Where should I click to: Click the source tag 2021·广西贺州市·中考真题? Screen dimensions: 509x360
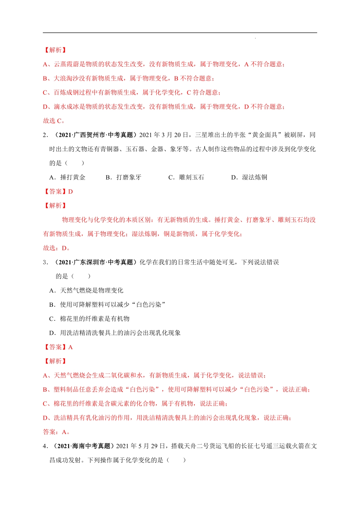coord(95,135)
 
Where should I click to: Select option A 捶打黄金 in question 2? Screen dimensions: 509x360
coord(67,177)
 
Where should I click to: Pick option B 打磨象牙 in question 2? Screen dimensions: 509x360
coord(124,177)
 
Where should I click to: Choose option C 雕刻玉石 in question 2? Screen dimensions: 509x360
coord(186,177)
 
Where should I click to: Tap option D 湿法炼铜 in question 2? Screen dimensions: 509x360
coord(249,177)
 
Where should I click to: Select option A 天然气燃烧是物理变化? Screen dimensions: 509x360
coord(86,290)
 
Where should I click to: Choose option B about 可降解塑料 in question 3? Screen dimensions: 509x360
coord(108,304)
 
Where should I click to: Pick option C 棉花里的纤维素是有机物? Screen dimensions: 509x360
coord(89,319)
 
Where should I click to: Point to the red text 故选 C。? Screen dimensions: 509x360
coord(54,121)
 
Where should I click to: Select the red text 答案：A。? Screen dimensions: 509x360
coord(57,432)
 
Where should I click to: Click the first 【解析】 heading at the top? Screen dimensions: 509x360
coord(55,50)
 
